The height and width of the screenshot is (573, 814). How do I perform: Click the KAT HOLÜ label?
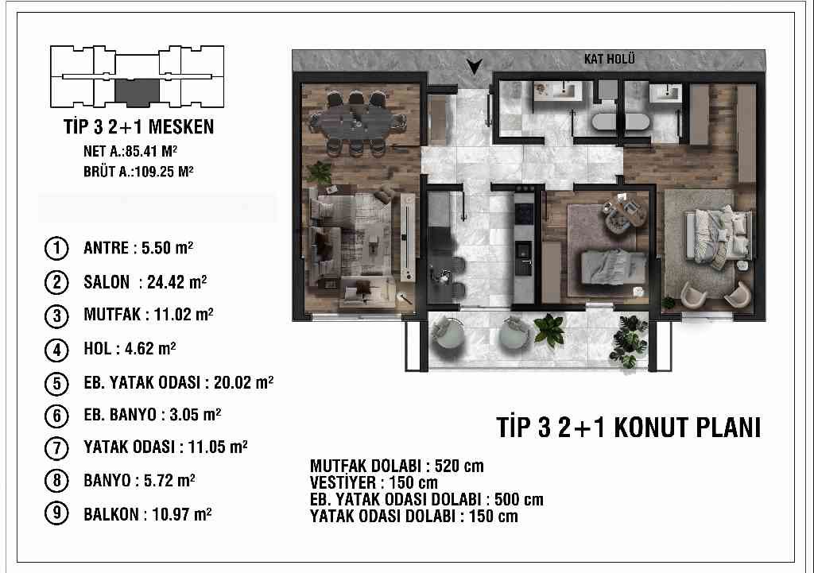pos(609,59)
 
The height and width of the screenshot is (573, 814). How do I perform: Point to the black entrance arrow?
pos(474,67)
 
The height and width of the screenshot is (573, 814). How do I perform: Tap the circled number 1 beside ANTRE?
pos(56,248)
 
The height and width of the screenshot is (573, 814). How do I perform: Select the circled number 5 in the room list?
pos(56,384)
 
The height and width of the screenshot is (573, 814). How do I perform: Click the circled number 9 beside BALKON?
pos(56,514)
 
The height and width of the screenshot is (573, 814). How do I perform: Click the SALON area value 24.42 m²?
pos(176,282)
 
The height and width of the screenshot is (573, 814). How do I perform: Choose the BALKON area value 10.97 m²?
pos(181,514)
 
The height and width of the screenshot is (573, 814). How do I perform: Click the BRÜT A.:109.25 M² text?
pos(138,172)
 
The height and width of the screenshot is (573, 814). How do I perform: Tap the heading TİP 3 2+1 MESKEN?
pos(138,126)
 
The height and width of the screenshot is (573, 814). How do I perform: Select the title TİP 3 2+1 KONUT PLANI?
pos(629,428)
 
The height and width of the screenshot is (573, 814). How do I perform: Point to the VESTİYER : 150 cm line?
pos(374,482)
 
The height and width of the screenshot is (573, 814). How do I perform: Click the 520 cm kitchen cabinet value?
pos(459,466)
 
